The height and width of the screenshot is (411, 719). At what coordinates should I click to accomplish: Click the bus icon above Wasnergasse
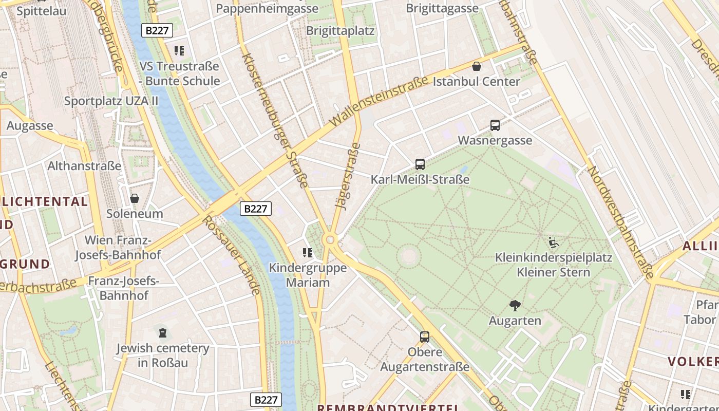(x=495, y=125)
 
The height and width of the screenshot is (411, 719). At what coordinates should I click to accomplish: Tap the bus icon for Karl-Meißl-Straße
(x=420, y=164)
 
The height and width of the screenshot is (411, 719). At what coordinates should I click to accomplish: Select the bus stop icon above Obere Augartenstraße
(x=425, y=337)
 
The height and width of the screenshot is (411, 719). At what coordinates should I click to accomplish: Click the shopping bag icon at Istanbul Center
(x=477, y=66)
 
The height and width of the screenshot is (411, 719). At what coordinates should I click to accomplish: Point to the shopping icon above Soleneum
(x=135, y=198)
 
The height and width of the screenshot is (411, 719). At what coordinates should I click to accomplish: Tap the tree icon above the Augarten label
(x=515, y=306)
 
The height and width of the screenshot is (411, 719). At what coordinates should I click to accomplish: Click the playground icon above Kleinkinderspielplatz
(x=554, y=242)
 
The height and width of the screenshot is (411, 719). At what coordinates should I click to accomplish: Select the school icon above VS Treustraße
(x=179, y=51)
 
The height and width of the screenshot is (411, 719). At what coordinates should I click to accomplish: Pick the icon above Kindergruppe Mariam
(x=308, y=252)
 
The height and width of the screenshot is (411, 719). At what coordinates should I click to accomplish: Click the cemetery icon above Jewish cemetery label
(x=163, y=333)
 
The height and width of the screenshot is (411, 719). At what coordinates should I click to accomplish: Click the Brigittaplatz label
(x=340, y=30)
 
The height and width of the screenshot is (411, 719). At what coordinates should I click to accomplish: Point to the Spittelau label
(x=41, y=10)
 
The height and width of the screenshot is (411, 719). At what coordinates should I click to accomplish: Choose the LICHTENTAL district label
(x=45, y=201)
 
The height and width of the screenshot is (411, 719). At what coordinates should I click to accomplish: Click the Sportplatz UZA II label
(x=111, y=101)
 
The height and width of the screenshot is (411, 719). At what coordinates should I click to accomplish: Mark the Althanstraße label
(x=84, y=166)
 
